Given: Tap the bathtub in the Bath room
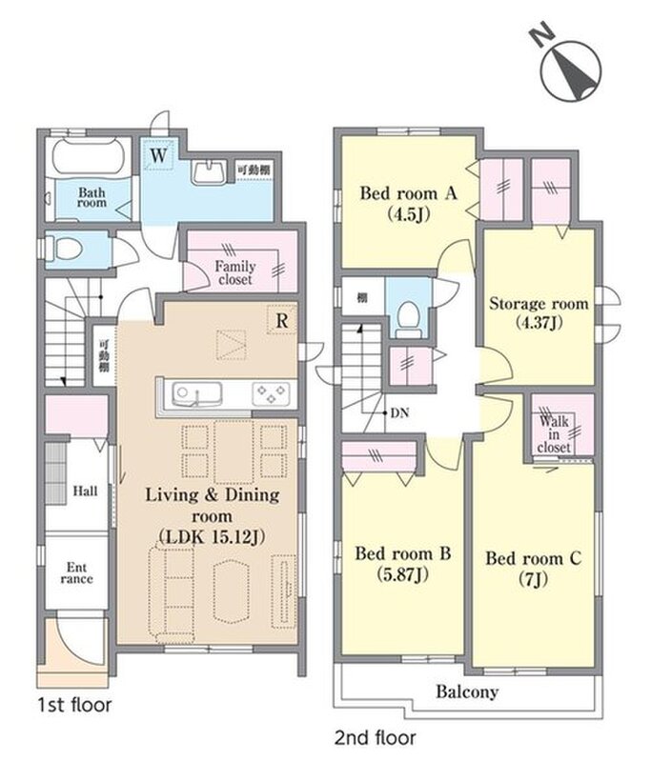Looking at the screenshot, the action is (88, 156).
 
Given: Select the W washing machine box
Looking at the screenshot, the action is (158, 155).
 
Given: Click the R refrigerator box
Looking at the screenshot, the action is (281, 320).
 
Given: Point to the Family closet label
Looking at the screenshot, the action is (235, 272).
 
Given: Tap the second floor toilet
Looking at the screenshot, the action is (408, 319).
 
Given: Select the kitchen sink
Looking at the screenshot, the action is (197, 394).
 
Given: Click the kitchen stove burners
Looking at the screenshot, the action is (271, 393).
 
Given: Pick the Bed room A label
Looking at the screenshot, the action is (408, 194).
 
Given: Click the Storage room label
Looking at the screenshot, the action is (539, 304).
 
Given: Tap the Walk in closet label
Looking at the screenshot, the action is (554, 434).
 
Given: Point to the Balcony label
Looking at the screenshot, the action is (467, 692).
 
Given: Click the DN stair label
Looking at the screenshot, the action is (399, 413).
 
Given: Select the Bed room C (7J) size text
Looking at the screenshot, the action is (534, 579).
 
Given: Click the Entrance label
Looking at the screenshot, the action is (77, 573).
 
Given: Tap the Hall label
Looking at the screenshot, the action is (85, 491).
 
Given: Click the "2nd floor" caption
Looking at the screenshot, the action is (376, 737).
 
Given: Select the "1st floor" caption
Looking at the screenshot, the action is (75, 705).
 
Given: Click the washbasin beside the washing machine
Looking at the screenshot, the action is (209, 171).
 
